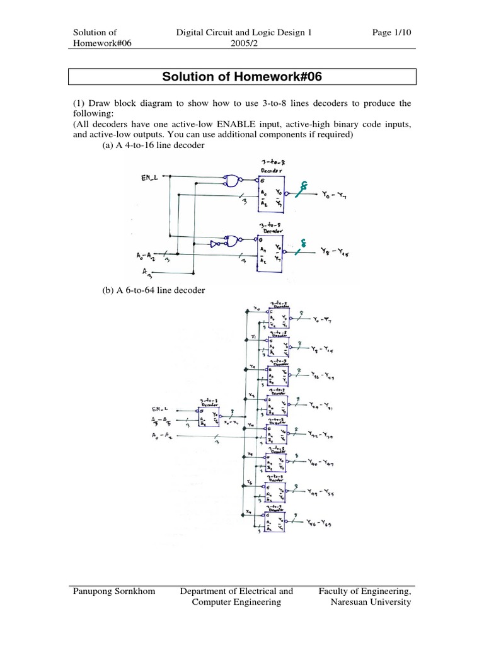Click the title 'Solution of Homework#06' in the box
[242, 77]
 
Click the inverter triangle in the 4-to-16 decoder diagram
[214, 243]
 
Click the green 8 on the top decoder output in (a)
[303, 185]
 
